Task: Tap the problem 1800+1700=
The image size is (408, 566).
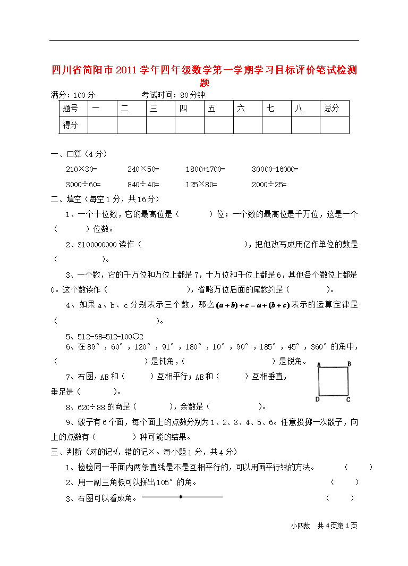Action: [x=205, y=169]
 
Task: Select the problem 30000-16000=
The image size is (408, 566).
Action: [x=275, y=169]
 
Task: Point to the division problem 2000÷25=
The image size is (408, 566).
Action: [x=269, y=185]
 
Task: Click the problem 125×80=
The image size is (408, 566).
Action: [x=201, y=185]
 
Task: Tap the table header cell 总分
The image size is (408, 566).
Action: [x=332, y=109]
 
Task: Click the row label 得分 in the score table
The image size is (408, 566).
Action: [x=70, y=125]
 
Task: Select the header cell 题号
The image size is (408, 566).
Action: [x=70, y=109]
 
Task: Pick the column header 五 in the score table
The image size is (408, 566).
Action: [x=212, y=109]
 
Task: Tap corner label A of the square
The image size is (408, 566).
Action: [x=318, y=364]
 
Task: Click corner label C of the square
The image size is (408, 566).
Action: [x=348, y=399]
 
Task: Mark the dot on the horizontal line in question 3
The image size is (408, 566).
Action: [x=181, y=497]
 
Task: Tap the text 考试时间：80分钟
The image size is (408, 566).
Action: [x=173, y=95]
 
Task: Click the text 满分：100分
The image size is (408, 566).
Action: [x=73, y=95]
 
